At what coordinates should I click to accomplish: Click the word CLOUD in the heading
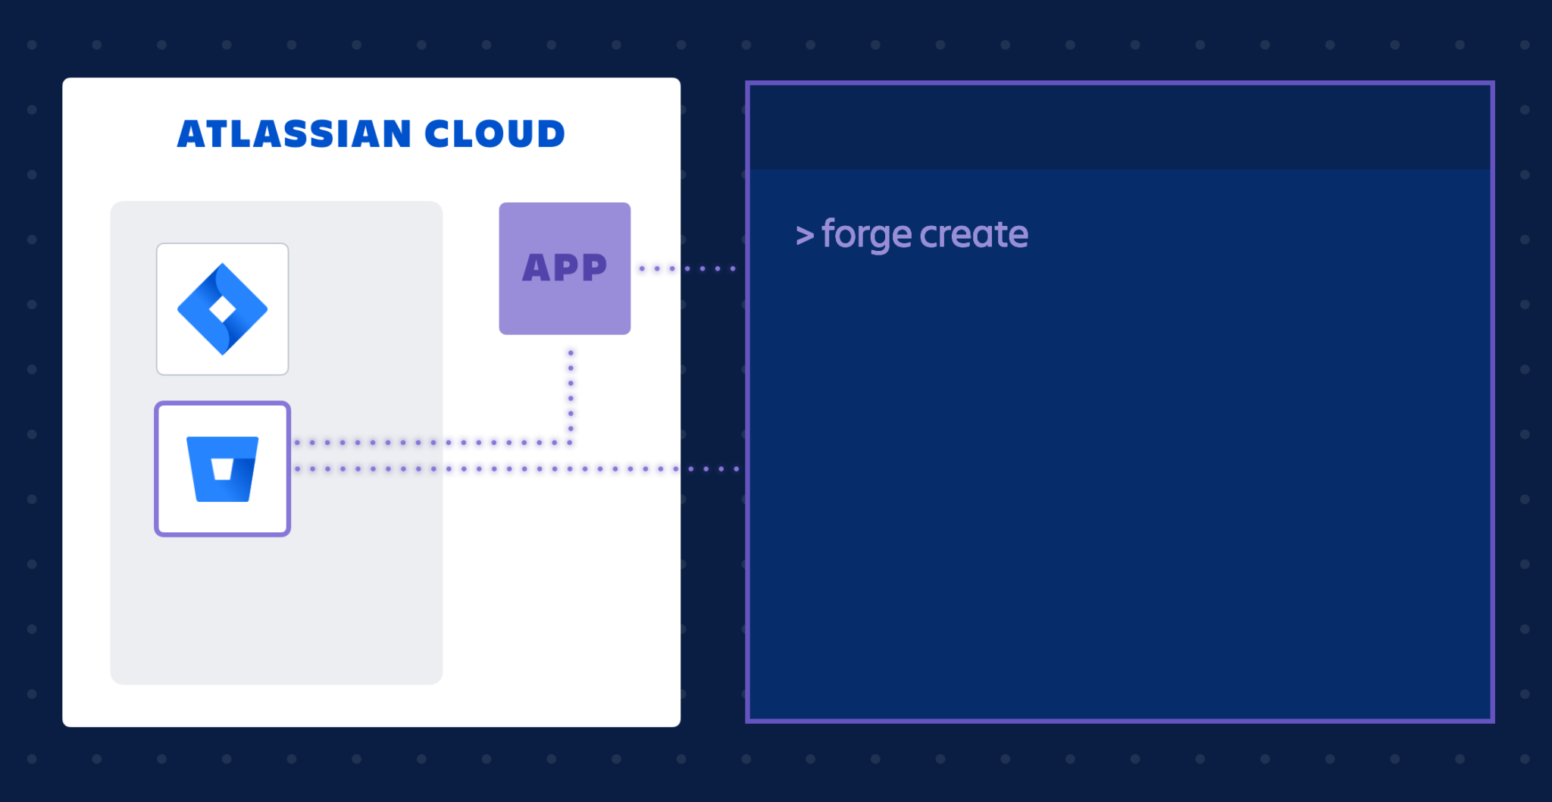point(494,134)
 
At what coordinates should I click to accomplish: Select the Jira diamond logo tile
point(222,309)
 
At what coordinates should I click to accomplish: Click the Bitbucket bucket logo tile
point(222,468)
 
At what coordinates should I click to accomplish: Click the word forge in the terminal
point(866,234)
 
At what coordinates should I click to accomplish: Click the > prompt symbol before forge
point(805,236)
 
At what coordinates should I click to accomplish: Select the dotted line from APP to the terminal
point(687,268)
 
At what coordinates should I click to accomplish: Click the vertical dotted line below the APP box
point(571,390)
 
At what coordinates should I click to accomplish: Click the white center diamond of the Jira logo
point(222,309)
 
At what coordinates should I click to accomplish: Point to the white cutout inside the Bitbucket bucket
point(222,469)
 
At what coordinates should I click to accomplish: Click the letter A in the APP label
point(537,268)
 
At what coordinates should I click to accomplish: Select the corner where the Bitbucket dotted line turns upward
point(571,442)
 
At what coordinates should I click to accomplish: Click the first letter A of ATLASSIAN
point(191,134)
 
